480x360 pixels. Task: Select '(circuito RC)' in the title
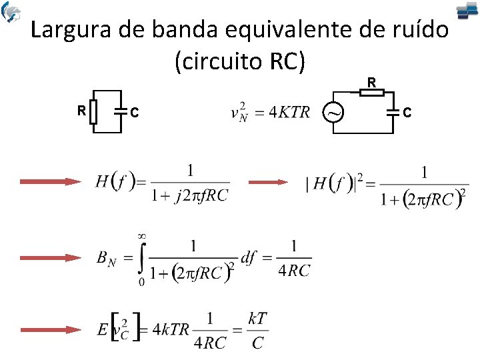240,61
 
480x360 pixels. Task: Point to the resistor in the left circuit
95,111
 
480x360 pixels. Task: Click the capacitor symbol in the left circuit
121,111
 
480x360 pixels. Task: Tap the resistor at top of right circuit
372,92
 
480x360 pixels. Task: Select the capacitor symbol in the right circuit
395,111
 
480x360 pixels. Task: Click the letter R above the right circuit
372,82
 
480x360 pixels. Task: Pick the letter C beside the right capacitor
407,113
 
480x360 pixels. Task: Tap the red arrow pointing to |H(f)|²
269,181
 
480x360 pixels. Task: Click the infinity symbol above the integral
142,236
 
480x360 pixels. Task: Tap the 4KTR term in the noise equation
289,112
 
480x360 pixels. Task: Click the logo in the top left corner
11,11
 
